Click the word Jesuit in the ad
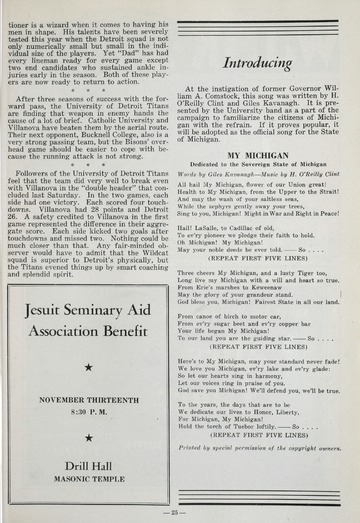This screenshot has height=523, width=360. [53, 308]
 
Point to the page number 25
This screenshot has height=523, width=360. [179, 512]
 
